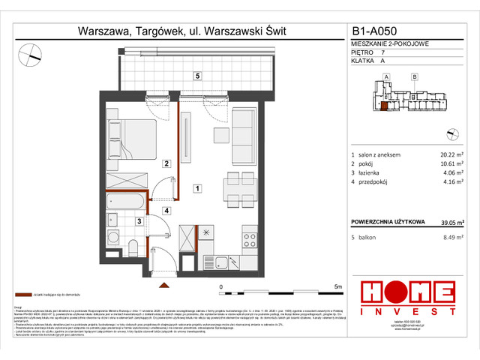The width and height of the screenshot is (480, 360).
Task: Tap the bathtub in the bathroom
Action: pos(128,203)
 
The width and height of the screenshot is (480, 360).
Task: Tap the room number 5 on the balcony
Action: pos(196,76)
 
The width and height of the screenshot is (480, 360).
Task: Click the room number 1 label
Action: pos(196,188)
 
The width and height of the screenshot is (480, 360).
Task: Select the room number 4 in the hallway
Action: pos(166,211)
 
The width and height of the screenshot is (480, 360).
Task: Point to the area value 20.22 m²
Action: pos(446,154)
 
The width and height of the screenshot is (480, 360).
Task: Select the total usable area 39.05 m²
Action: pos(448,221)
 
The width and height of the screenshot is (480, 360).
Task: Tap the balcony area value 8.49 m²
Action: pos(448,240)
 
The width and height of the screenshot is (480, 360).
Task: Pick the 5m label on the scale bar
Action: pos(337,286)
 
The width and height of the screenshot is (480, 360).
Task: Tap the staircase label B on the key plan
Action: pos(414,76)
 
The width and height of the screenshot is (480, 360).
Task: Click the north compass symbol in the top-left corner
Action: pos(31,52)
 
